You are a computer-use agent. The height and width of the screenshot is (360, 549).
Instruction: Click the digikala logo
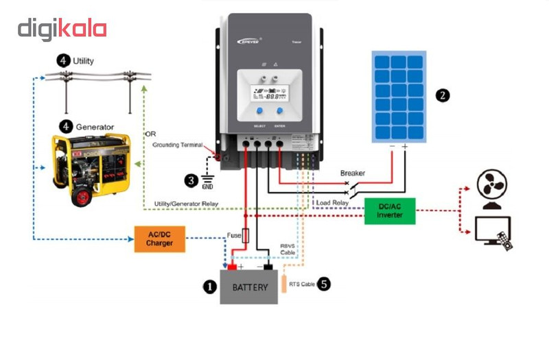[62, 29]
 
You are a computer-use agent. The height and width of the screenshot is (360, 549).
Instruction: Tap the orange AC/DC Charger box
[159, 238]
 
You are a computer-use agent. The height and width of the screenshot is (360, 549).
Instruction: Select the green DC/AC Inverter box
[390, 210]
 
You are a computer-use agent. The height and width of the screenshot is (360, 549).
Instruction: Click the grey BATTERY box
[249, 287]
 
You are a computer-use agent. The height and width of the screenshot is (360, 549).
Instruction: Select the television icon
[493, 230]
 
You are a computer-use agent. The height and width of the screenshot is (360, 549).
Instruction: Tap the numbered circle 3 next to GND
[191, 180]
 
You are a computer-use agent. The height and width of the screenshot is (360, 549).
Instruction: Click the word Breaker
[353, 173]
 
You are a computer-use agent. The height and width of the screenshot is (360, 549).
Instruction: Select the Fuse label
[234, 236]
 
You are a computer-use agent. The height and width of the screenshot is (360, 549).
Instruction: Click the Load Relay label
[333, 203]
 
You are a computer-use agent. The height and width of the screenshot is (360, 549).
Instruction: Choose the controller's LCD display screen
[269, 94]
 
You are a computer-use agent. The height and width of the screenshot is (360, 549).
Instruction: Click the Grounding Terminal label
[177, 145]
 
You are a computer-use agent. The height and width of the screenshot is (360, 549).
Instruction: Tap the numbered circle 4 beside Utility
[64, 61]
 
